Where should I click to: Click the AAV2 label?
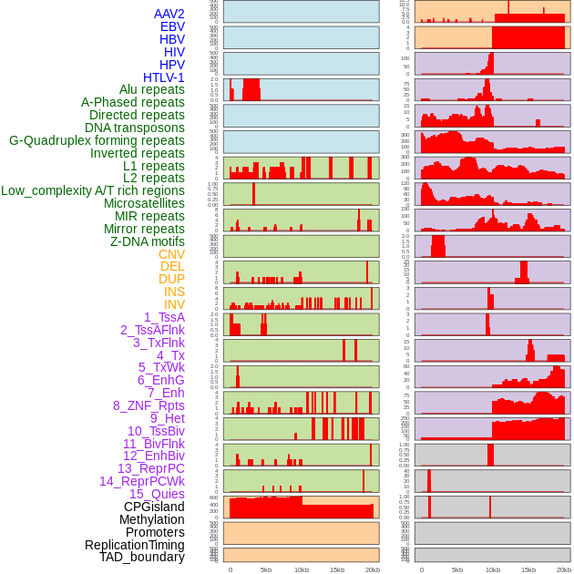(169, 14)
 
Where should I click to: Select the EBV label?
(172, 26)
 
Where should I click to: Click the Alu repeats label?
(151, 89)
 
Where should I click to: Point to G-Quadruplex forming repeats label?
(97, 140)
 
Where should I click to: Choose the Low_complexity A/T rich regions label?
(93, 190)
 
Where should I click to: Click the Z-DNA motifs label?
(147, 241)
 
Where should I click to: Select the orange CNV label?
(171, 254)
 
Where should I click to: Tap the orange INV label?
(174, 304)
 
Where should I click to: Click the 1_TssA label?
(164, 317)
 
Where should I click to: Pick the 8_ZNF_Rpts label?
(149, 405)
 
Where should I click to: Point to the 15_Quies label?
(156, 493)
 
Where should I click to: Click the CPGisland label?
(154, 507)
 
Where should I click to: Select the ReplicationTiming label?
(134, 545)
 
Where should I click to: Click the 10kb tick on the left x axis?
(301, 569)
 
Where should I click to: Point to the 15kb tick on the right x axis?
(528, 569)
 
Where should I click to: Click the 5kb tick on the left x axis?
(265, 569)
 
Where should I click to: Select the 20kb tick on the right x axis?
(563, 569)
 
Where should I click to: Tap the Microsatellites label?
(144, 203)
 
